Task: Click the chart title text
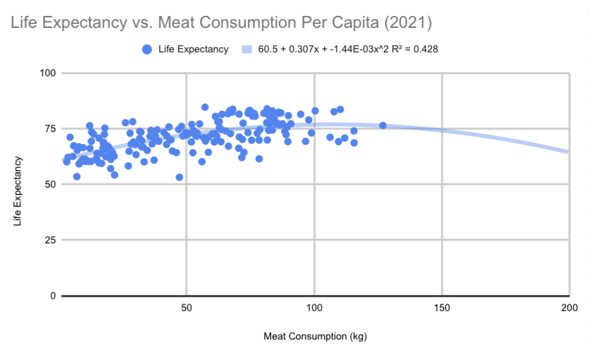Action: (221, 24)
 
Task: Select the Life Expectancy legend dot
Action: (146, 49)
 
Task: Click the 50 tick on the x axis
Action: (186, 308)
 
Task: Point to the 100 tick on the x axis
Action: (314, 308)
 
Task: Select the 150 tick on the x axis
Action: (442, 308)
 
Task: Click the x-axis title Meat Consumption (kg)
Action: (315, 336)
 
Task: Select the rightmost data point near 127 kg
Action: (382, 125)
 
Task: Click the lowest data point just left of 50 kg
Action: (179, 177)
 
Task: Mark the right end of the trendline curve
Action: (568, 152)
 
